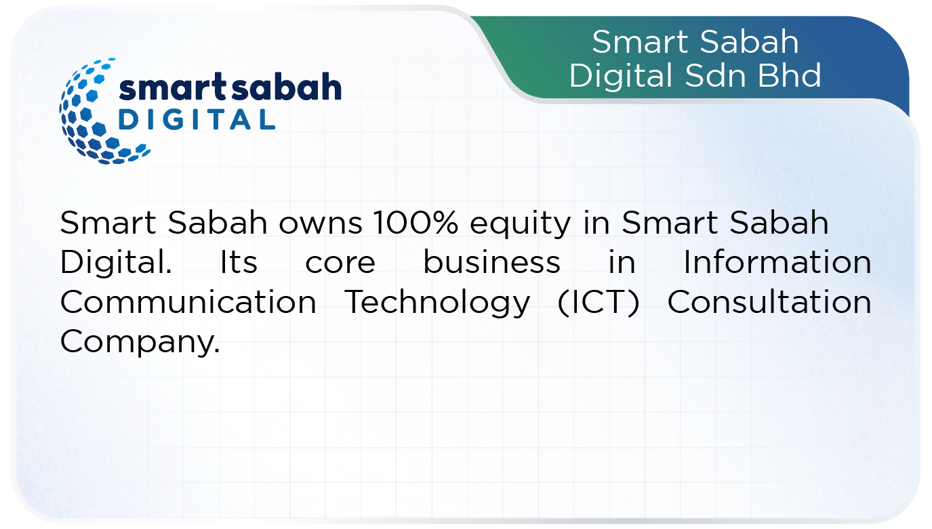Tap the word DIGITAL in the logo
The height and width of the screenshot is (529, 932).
click(x=197, y=120)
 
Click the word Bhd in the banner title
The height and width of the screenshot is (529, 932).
click(x=789, y=75)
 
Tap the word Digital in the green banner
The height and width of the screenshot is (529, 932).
click(x=621, y=78)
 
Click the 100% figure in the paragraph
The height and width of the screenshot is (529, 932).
click(x=416, y=222)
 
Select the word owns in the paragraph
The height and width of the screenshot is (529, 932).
click(x=321, y=226)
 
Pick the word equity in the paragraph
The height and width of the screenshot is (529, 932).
click(x=521, y=226)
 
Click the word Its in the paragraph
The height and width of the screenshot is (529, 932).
click(x=239, y=262)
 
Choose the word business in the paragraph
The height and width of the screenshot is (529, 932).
click(x=491, y=262)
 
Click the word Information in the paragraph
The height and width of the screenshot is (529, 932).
click(x=777, y=262)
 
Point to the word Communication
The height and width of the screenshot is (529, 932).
click(x=188, y=301)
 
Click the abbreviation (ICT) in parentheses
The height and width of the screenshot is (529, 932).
click(x=598, y=302)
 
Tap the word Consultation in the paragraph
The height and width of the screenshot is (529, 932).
click(x=769, y=301)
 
